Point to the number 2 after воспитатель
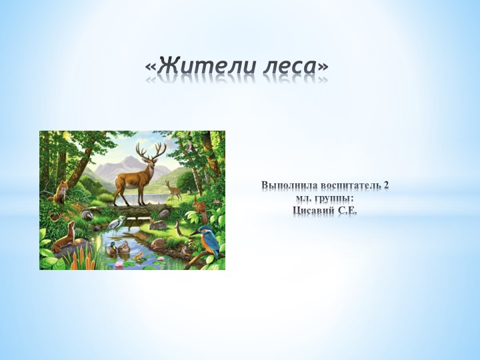386,185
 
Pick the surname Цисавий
313,211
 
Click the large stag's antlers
151,151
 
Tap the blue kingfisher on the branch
208,240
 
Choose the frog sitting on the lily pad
138,255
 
